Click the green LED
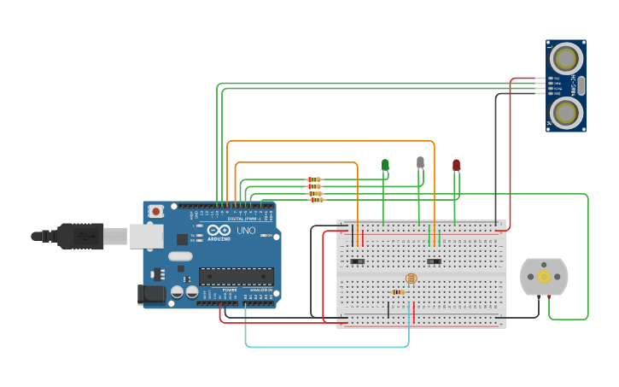point(385,164)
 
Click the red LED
point(456,164)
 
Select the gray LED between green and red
point(420,161)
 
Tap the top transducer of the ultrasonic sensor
point(565,58)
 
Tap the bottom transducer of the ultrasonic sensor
point(565,111)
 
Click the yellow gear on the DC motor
point(543,277)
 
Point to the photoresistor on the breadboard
point(411,279)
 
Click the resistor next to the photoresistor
point(398,292)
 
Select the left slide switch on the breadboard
point(358,261)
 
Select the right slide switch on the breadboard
point(434,261)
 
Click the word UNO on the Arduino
point(245,231)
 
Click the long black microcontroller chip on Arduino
point(237,277)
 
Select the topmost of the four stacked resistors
point(314,179)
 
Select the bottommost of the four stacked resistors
point(317,200)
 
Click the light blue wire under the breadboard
point(324,347)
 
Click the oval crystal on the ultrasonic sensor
point(581,85)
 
